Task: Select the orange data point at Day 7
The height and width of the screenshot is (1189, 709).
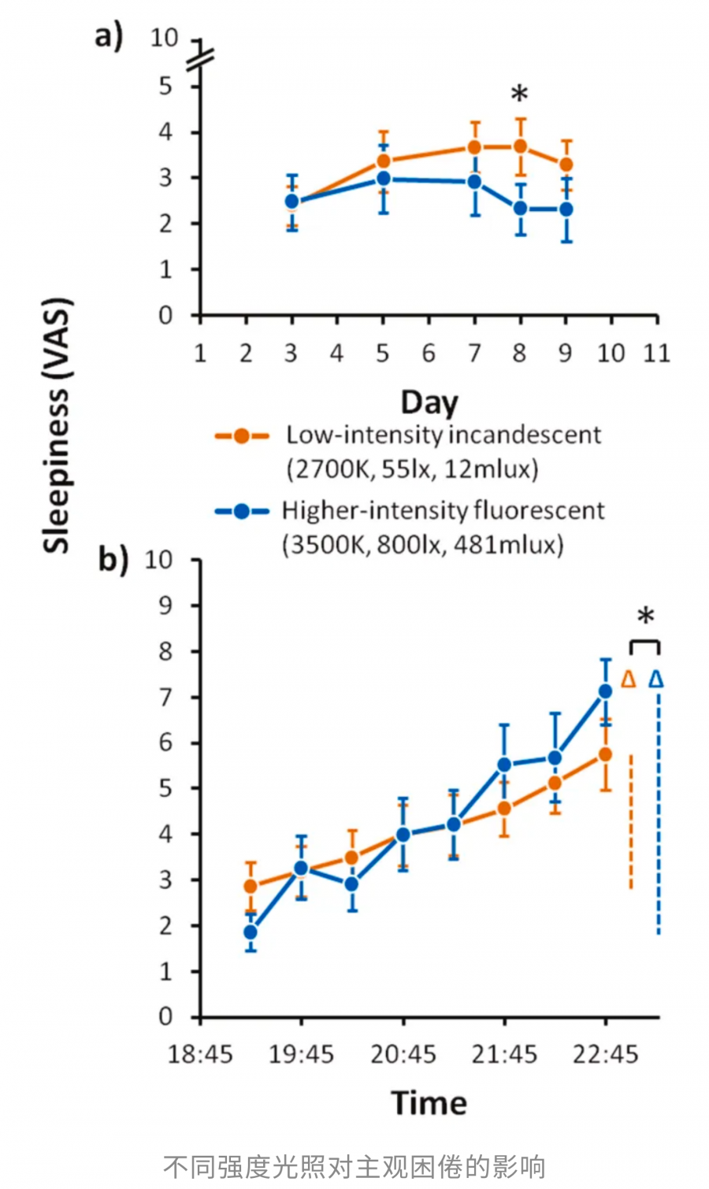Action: click(474, 147)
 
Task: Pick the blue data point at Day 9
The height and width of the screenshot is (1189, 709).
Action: click(566, 209)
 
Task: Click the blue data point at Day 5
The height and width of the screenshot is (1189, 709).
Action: click(383, 179)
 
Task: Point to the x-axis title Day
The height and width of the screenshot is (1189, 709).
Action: click(429, 402)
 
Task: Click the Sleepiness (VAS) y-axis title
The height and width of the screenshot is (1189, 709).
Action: click(57, 425)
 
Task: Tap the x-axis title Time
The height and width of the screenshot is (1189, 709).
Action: click(429, 1102)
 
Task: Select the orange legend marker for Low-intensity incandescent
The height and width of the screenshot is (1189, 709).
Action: click(242, 435)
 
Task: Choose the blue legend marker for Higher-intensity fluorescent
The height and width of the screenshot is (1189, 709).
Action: click(242, 512)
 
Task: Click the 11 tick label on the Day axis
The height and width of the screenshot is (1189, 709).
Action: click(656, 353)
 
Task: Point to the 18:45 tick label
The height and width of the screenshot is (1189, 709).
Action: click(200, 1054)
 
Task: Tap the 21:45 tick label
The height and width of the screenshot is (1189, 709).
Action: click(504, 1054)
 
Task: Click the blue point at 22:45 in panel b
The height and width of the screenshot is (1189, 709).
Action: click(605, 691)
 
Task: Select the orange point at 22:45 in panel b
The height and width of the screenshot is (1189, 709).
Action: click(605, 754)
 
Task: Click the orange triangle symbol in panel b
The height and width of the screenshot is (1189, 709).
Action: click(628, 679)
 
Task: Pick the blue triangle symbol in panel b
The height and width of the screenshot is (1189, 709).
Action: click(656, 679)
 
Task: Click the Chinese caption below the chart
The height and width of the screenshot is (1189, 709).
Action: click(354, 1166)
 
